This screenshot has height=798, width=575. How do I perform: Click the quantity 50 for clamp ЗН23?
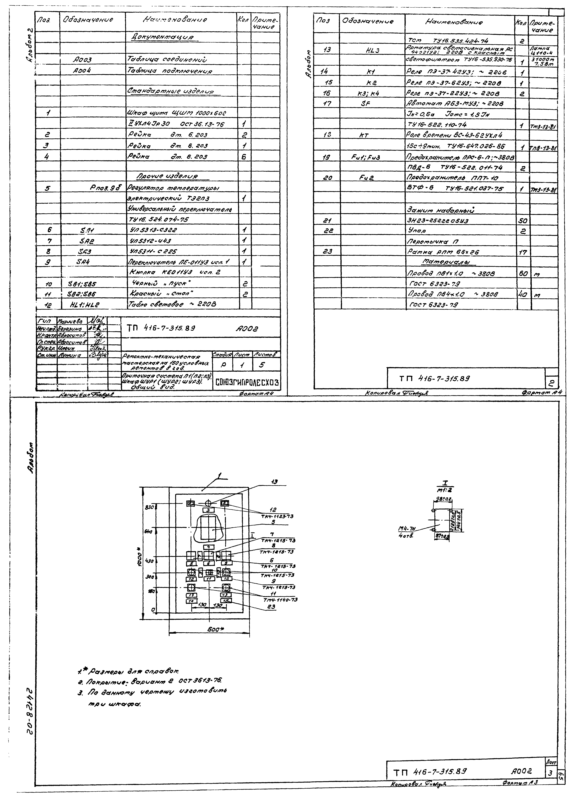[523, 221]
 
